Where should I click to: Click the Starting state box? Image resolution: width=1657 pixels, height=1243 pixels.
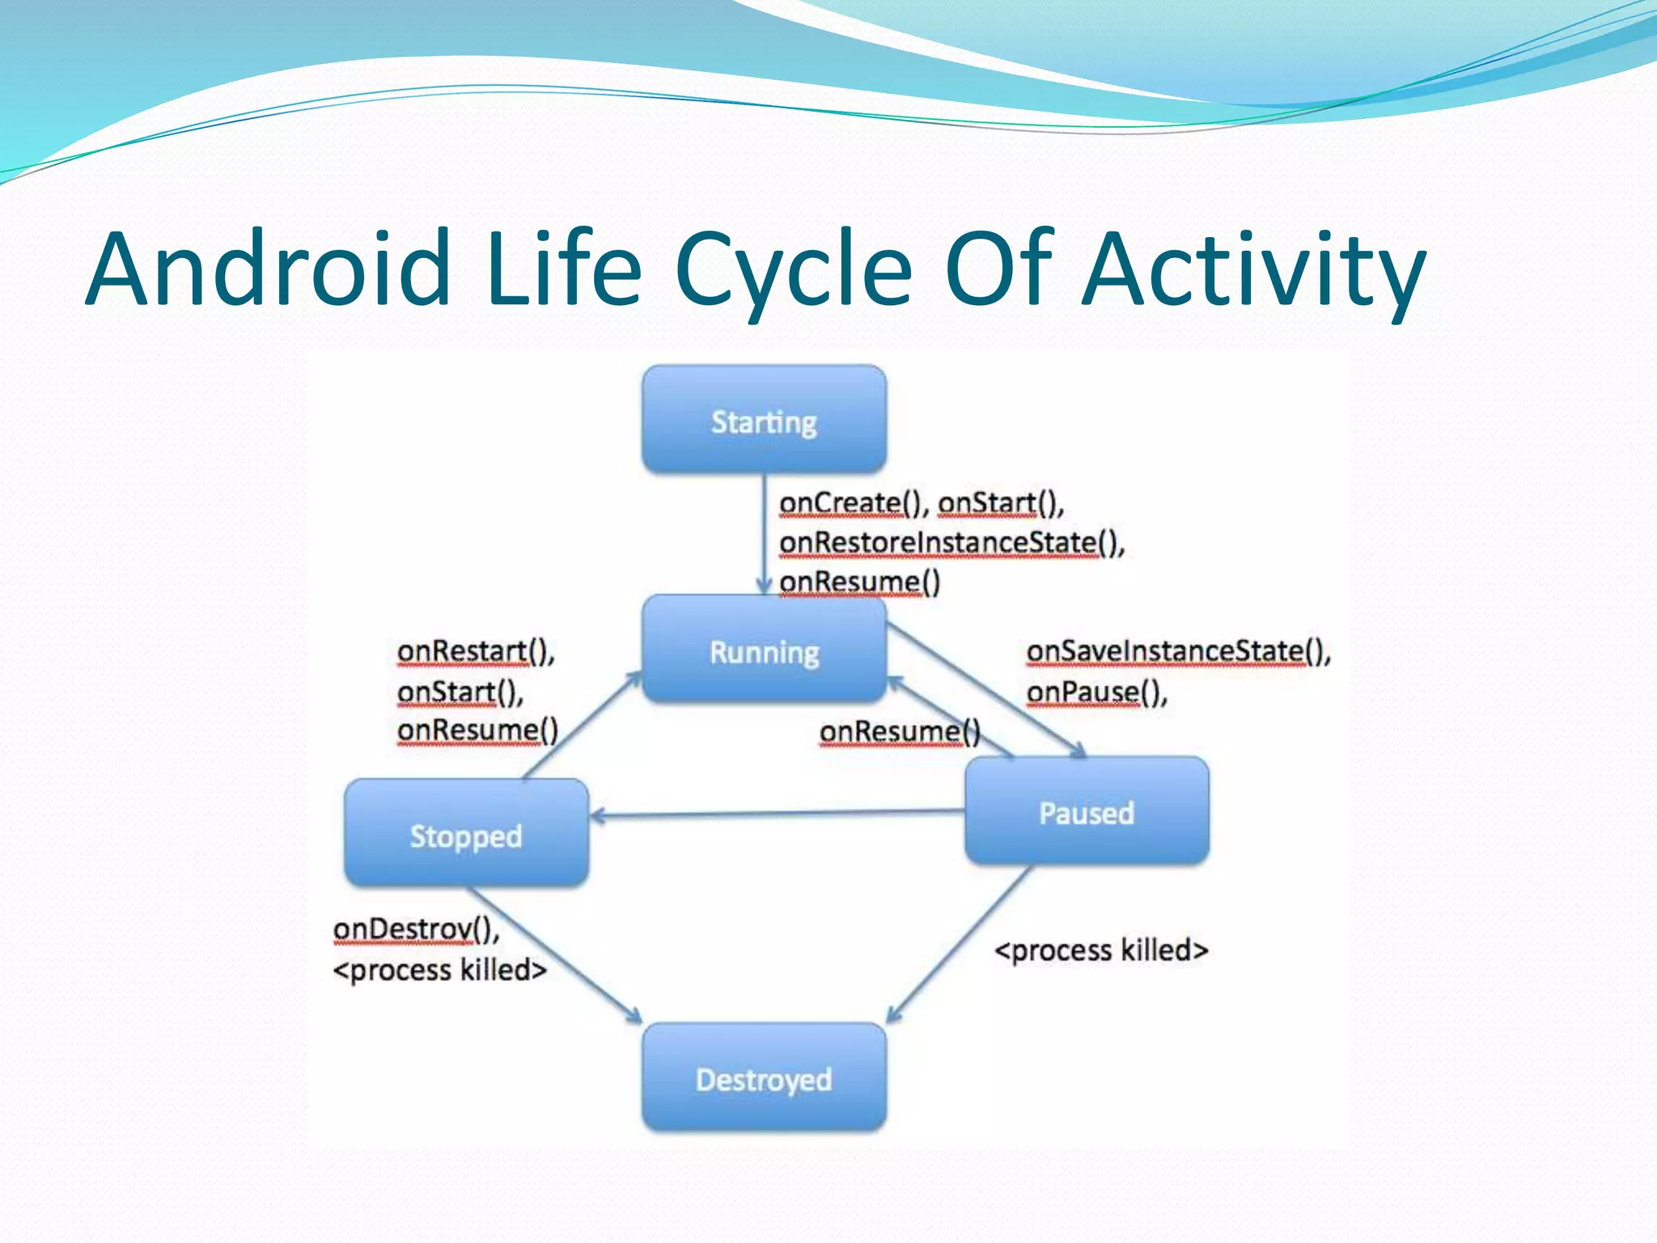point(764,419)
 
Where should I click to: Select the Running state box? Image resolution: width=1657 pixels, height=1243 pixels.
point(764,650)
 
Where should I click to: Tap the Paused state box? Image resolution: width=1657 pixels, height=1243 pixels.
point(1087,812)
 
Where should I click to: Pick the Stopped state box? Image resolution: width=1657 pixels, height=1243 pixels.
point(466,834)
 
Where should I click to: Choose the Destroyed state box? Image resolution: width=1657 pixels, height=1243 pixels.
point(764,1078)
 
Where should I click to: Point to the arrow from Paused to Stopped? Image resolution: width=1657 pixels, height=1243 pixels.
point(777,813)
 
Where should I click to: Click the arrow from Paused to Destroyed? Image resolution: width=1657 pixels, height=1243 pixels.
point(959,945)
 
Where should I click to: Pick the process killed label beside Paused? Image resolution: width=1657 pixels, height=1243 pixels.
point(1100,949)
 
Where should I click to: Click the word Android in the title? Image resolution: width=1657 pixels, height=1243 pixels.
point(267,269)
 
